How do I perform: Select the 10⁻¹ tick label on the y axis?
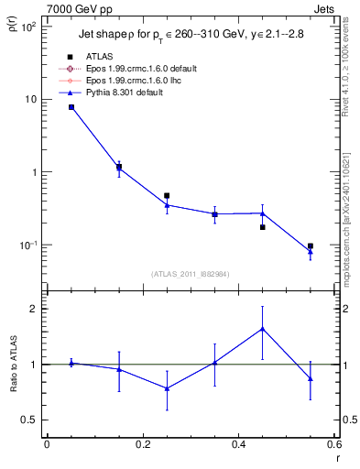27,245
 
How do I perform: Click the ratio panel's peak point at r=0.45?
263,328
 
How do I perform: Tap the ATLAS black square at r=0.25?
167,195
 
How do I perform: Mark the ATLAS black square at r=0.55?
311,246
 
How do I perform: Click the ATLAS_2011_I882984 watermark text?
189,274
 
